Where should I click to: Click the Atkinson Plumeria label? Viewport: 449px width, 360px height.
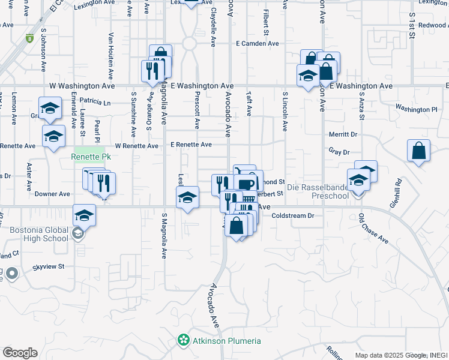[x=226, y=341]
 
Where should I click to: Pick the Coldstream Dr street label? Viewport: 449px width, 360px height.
[x=293, y=215]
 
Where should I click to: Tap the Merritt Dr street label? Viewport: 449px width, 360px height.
[x=343, y=135]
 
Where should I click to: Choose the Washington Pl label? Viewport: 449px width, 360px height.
[x=416, y=109]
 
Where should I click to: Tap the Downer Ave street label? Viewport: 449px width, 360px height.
[x=52, y=194]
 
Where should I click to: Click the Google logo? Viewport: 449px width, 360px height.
[x=19, y=353]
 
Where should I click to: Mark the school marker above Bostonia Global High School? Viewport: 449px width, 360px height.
[x=84, y=215]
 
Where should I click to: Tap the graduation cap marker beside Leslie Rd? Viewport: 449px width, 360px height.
[x=187, y=198]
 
